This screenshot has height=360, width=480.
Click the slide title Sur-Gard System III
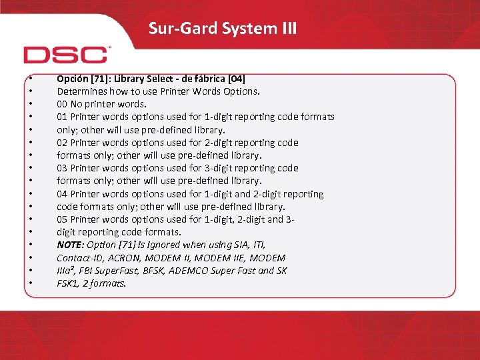click(223, 29)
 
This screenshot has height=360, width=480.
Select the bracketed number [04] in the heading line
click(237, 79)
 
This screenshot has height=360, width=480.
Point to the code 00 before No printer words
click(62, 104)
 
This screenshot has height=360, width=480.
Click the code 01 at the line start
click(62, 117)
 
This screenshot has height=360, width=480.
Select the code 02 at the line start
click(62, 143)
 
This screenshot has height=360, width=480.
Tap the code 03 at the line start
click(62, 168)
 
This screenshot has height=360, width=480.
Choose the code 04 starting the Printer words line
click(62, 194)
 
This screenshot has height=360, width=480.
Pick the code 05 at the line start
click(62, 219)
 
